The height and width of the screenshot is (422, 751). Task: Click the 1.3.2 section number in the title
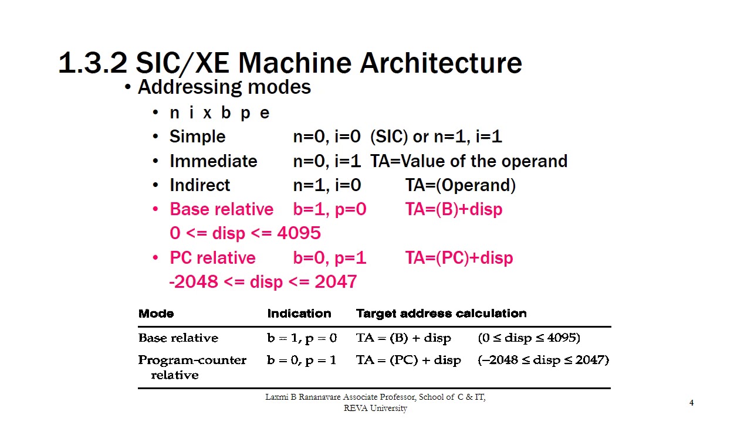pos(93,63)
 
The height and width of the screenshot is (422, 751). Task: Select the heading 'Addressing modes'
pos(224,87)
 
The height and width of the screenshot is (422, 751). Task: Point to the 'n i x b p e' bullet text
pos(219,113)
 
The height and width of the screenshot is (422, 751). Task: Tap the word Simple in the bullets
pos(197,137)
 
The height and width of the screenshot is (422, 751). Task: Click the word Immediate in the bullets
pos(213,161)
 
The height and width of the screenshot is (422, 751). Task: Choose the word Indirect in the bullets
pos(199,185)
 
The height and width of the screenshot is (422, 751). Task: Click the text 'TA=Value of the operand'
pos(469,161)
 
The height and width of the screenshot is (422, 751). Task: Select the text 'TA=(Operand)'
pos(461,185)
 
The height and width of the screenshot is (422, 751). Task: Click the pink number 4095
pos(299,233)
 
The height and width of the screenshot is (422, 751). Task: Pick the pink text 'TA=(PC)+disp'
pos(459,258)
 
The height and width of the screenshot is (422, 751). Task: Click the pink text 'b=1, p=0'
pos(330,209)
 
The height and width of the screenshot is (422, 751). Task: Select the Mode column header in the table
pos(156,314)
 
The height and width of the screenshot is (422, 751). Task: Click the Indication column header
pos(299,314)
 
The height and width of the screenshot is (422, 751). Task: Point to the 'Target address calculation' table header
pos(441,314)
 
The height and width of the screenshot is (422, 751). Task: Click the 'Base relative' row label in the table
pos(178,338)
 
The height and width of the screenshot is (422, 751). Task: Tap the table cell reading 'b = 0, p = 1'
pos(302,360)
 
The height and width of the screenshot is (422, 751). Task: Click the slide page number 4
pos(692,403)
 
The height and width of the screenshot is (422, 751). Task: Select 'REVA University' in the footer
pos(375,409)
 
